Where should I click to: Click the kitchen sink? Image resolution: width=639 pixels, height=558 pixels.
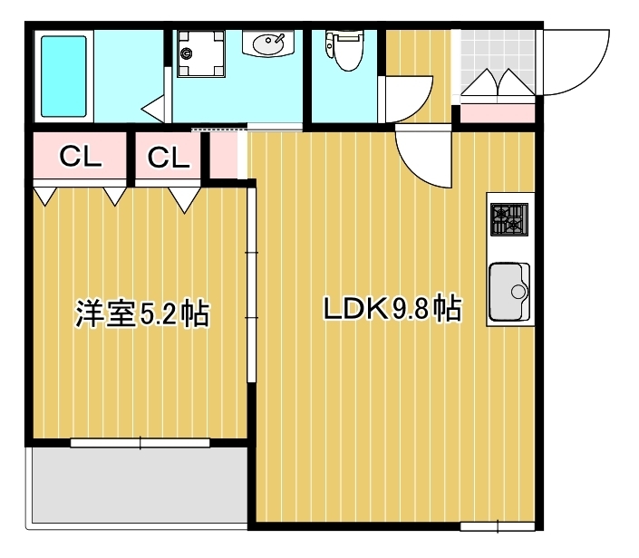pyautogui.click(x=508, y=292)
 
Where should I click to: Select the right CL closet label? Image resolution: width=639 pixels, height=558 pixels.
pyautogui.click(x=169, y=158)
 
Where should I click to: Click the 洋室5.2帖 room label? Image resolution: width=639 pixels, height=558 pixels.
pyautogui.click(x=141, y=313)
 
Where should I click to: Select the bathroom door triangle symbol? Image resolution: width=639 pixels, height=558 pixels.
pyautogui.click(x=153, y=110)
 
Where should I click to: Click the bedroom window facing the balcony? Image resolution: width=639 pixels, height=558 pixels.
pyautogui.click(x=140, y=443)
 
